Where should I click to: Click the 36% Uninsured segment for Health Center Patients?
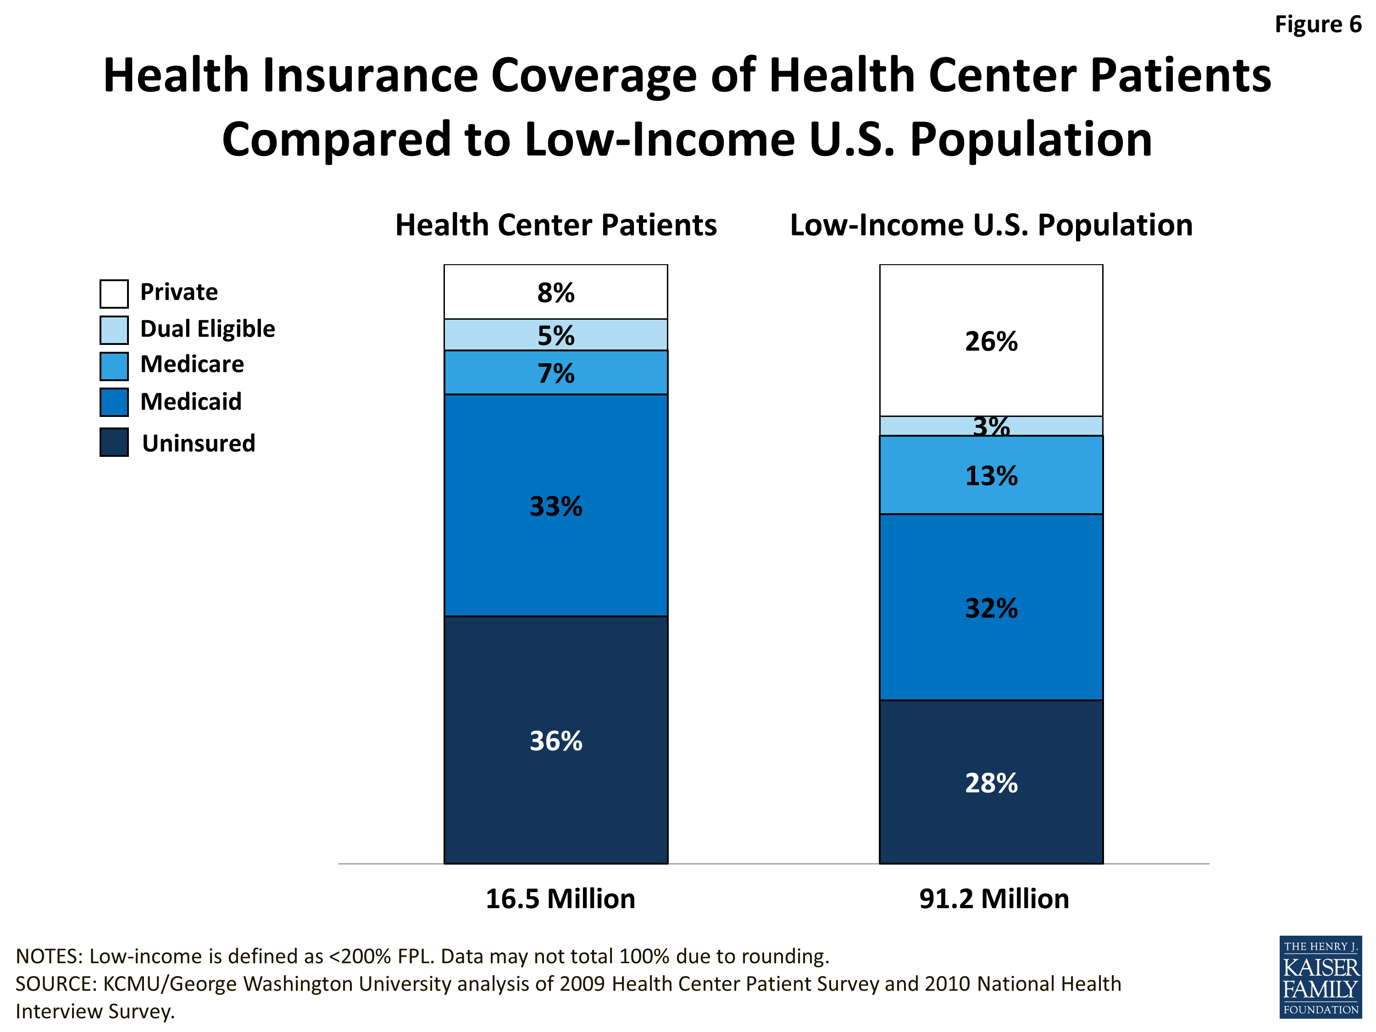(555, 740)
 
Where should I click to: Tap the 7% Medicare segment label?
(555, 373)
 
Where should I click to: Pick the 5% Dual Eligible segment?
(555, 335)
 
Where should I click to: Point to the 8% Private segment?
(555, 292)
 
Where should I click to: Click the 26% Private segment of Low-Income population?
(991, 341)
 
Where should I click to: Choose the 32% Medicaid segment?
(991, 608)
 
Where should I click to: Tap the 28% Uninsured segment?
(991, 782)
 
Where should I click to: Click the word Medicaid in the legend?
(191, 402)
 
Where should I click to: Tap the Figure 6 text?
(1318, 25)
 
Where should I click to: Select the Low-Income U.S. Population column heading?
(991, 225)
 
